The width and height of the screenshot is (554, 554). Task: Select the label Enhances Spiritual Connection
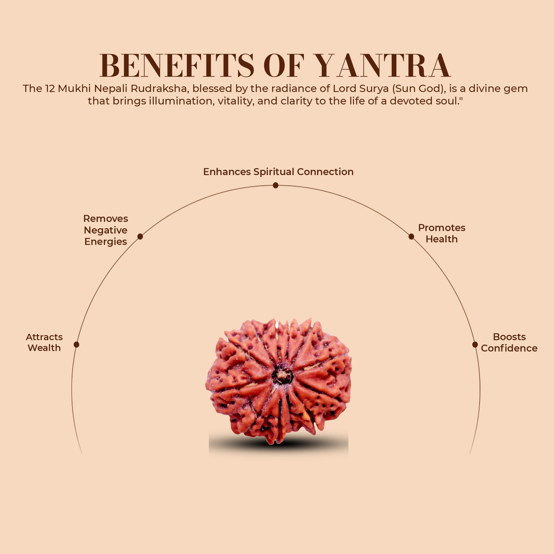[278, 172]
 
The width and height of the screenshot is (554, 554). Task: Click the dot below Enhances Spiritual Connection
[276, 186]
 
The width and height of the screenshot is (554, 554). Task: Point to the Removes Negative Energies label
[106, 230]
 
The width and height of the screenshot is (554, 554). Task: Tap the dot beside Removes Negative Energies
[140, 237]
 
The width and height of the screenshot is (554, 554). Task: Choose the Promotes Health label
[441, 234]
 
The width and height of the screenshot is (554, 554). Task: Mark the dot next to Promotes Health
[411, 237]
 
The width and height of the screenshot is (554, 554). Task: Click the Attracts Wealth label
[44, 342]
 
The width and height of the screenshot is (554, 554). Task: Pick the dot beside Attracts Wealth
[76, 344]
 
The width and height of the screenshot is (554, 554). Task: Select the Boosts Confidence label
[509, 342]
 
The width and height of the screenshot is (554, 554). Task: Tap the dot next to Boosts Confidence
[475, 344]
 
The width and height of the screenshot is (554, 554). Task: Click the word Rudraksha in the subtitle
[158, 89]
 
